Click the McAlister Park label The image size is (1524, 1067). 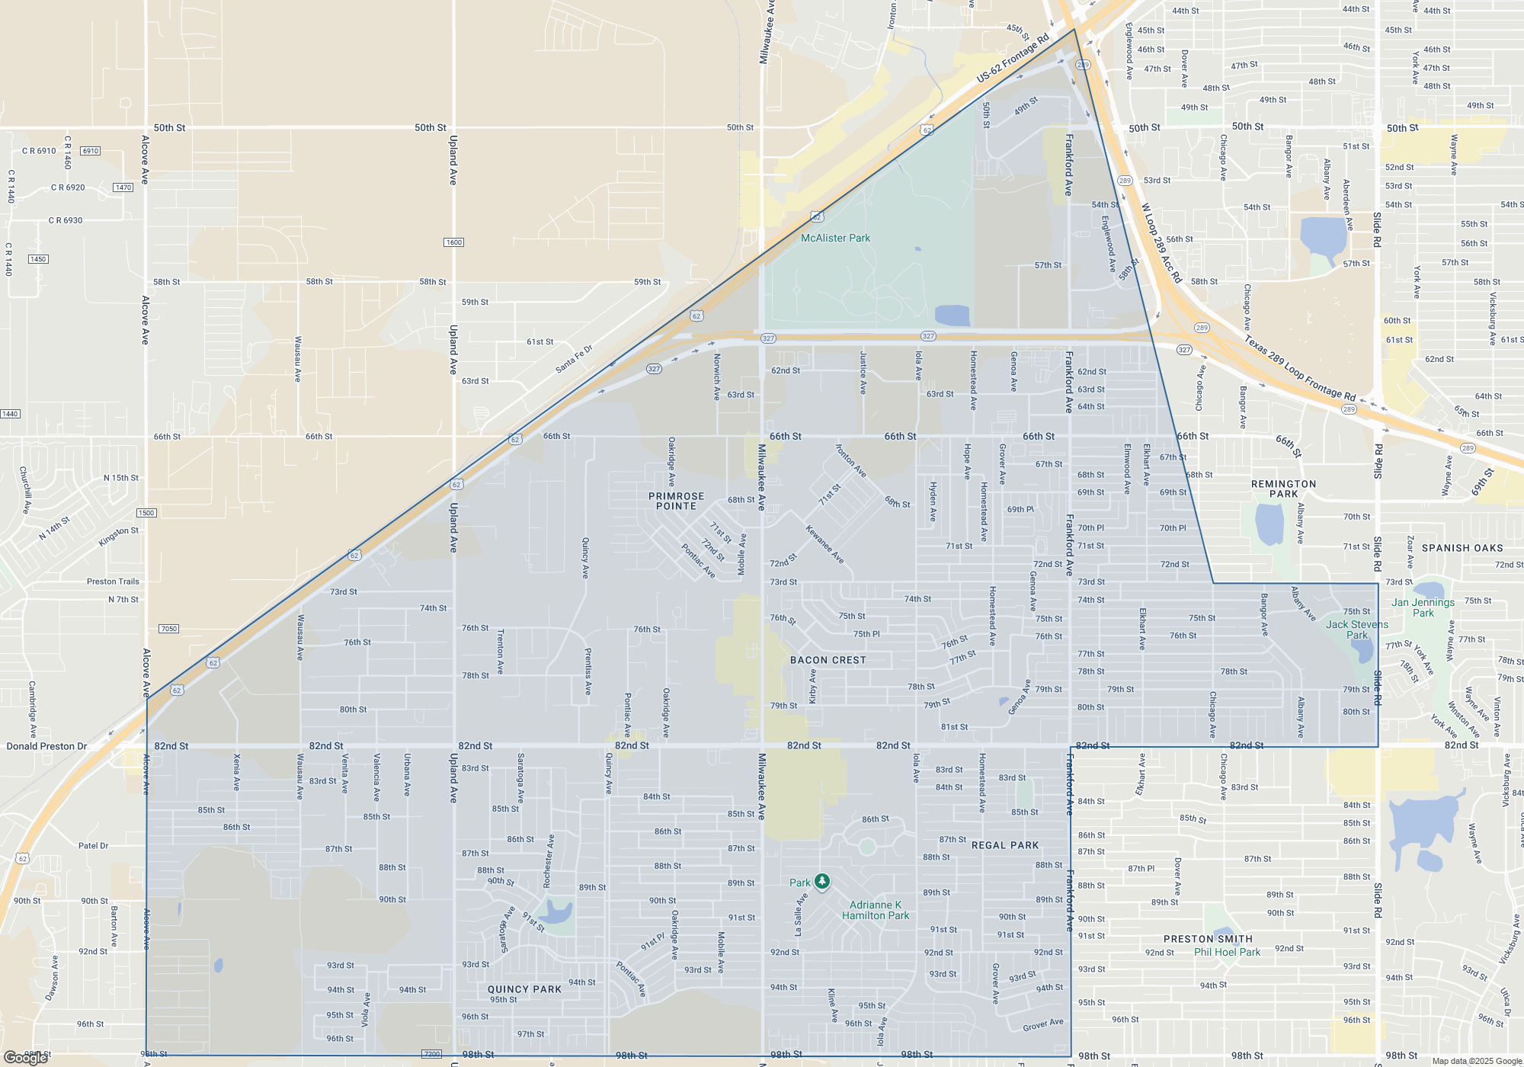tap(835, 238)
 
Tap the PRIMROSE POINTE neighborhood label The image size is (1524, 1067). tap(676, 501)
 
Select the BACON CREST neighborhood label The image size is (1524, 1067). tap(828, 660)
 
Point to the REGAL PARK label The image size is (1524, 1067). tap(1005, 845)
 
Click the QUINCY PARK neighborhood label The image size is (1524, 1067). tap(524, 989)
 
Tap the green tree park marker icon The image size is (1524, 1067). tap(821, 882)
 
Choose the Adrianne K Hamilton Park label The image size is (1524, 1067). tap(876, 910)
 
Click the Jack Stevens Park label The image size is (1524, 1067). tap(1356, 630)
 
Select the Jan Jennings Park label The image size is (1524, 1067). tap(1423, 607)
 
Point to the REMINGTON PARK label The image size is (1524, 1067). tap(1283, 489)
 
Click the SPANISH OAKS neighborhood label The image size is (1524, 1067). tap(1462, 548)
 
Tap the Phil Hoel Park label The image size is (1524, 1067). tap(1227, 952)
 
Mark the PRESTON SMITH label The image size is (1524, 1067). tap(1208, 939)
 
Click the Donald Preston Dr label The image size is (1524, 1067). tap(46, 746)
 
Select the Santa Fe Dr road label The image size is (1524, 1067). tap(574, 359)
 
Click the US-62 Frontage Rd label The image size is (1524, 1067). tap(1013, 58)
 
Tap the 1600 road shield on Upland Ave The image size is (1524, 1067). tap(453, 242)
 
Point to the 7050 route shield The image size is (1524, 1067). tap(168, 629)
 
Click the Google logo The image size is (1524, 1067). tap(26, 1058)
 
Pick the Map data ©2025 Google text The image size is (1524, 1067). tap(1477, 1061)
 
